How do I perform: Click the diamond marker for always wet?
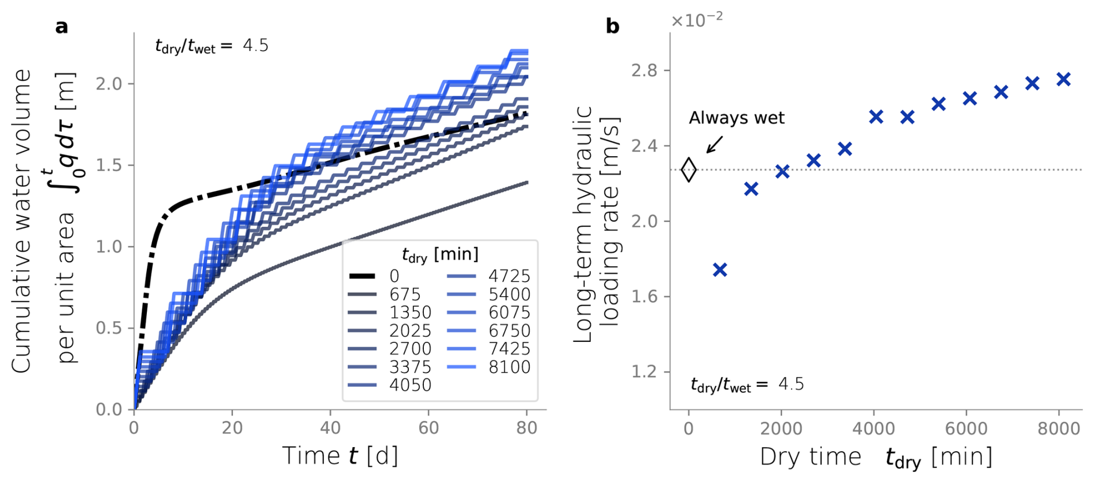688,170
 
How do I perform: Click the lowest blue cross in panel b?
719,270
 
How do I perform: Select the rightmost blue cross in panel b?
1063,79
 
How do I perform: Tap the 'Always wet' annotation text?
736,118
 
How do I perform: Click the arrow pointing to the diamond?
715,145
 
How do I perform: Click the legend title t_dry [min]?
440,254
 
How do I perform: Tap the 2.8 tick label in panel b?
644,71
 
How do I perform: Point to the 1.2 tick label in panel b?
644,372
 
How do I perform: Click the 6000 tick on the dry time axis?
966,429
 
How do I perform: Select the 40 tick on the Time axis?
330,429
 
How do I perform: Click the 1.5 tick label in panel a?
109,165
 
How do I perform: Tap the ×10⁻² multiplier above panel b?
696,20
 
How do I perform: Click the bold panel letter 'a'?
61,27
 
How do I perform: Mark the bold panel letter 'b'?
612,26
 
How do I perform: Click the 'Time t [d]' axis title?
340,456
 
